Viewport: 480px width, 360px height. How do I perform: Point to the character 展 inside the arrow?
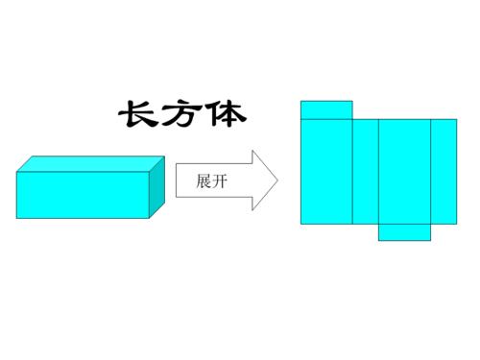(203, 180)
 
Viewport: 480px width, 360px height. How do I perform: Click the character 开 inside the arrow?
(219, 180)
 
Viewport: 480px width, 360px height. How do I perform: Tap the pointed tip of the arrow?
(277, 180)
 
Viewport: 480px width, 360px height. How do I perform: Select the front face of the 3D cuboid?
(83, 195)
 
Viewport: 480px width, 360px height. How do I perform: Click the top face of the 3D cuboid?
(92, 163)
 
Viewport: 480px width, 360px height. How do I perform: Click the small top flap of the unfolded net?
(326, 109)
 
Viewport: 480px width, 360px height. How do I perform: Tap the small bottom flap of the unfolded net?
(404, 231)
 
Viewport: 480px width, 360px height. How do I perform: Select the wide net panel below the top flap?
(326, 171)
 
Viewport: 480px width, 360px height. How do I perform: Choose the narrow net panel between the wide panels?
(366, 171)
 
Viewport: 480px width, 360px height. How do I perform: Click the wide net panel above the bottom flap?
(404, 171)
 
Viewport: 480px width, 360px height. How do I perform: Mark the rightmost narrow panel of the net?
(444, 171)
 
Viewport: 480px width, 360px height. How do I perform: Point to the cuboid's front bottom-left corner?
(16, 218)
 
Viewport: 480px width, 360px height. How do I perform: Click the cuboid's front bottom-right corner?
(149, 218)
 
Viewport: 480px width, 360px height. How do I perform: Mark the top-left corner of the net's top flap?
(301, 100)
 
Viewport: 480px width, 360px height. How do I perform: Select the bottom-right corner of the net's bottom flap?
(431, 240)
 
